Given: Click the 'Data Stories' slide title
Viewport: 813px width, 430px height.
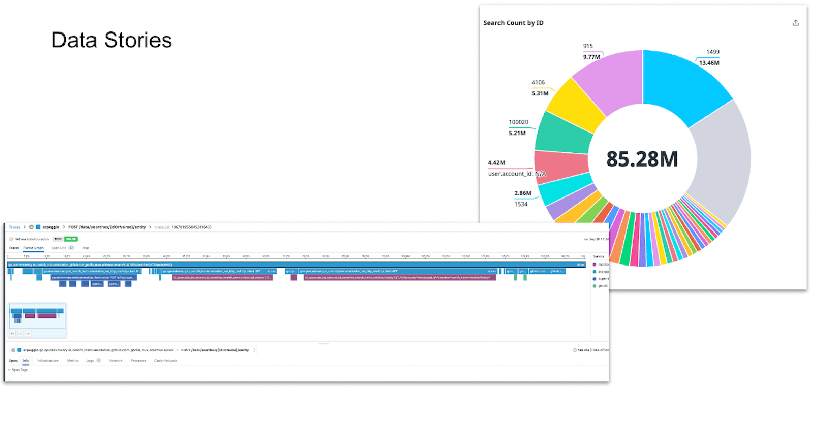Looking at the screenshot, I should pyautogui.click(x=111, y=40).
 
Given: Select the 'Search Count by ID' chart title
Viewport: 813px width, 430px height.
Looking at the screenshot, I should pyautogui.click(x=513, y=23).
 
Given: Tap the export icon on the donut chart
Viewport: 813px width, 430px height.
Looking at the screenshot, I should pyautogui.click(x=795, y=23).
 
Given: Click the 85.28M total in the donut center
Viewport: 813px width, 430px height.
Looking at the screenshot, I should pyautogui.click(x=642, y=159).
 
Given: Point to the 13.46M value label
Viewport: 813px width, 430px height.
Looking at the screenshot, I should pyautogui.click(x=709, y=63).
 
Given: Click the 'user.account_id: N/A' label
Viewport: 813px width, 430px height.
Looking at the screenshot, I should pyautogui.click(x=517, y=174).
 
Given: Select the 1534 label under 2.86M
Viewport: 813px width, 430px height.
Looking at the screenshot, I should pyautogui.click(x=521, y=204).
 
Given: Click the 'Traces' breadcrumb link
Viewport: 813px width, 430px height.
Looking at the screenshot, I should pyautogui.click(x=15, y=227).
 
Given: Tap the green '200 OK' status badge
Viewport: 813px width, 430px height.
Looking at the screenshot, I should pyautogui.click(x=71, y=239).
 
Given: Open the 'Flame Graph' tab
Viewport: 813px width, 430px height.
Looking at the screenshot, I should pyautogui.click(x=34, y=248).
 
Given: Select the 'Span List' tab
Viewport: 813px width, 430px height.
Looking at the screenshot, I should pyautogui.click(x=59, y=248).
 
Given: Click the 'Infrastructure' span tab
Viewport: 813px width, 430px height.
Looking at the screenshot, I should pyautogui.click(x=48, y=361).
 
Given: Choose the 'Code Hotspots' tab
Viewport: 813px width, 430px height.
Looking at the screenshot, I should pyautogui.click(x=166, y=361).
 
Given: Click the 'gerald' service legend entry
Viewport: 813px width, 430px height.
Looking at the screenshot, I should pyautogui.click(x=602, y=286).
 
